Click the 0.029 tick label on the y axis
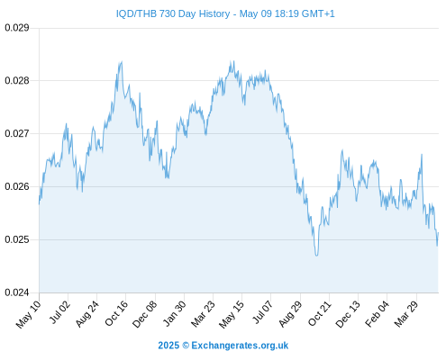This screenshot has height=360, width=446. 17,28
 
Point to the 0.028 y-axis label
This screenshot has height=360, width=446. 17,81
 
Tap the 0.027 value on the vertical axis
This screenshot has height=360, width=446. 17,133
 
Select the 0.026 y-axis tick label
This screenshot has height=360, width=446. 17,186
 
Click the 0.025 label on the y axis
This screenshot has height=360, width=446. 17,239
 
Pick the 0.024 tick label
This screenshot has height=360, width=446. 17,292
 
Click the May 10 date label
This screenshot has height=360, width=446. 29,314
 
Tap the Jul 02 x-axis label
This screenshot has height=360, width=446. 59,312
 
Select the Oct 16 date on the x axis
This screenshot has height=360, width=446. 116,313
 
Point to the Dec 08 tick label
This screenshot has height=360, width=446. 144,314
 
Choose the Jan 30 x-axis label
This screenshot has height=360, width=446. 174,313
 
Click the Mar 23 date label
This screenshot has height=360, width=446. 203,314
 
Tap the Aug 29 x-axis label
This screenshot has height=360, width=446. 290,314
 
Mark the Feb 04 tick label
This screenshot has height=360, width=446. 377,314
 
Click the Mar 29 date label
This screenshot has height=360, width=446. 406,314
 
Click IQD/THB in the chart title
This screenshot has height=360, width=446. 136,13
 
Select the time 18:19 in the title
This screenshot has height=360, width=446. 286,13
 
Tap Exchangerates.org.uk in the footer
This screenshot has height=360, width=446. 240,346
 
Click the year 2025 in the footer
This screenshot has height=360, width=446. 168,346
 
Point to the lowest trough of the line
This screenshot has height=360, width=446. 316,256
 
